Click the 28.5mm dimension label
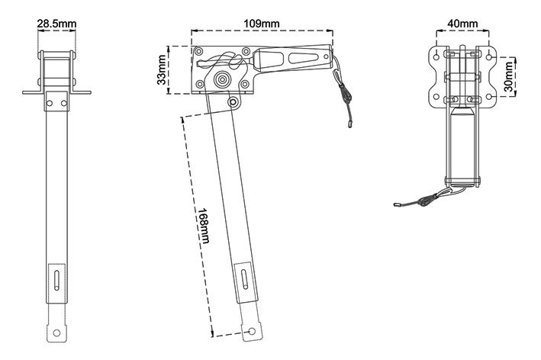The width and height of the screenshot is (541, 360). tap(57, 24)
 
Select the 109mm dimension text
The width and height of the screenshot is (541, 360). tap(262, 24)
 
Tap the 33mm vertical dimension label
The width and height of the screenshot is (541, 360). tap(162, 70)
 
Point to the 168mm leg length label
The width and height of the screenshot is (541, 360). tap(203, 226)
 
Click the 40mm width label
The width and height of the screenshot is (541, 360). tap(462, 24)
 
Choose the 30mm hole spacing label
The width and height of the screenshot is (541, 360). tap(508, 76)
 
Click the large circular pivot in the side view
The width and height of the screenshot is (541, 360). tap(223, 79)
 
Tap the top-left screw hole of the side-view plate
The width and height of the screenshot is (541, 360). tap(198, 52)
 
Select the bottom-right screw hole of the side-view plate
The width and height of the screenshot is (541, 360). tap(245, 84)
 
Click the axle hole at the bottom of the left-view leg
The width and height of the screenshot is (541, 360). tap(56, 333)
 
